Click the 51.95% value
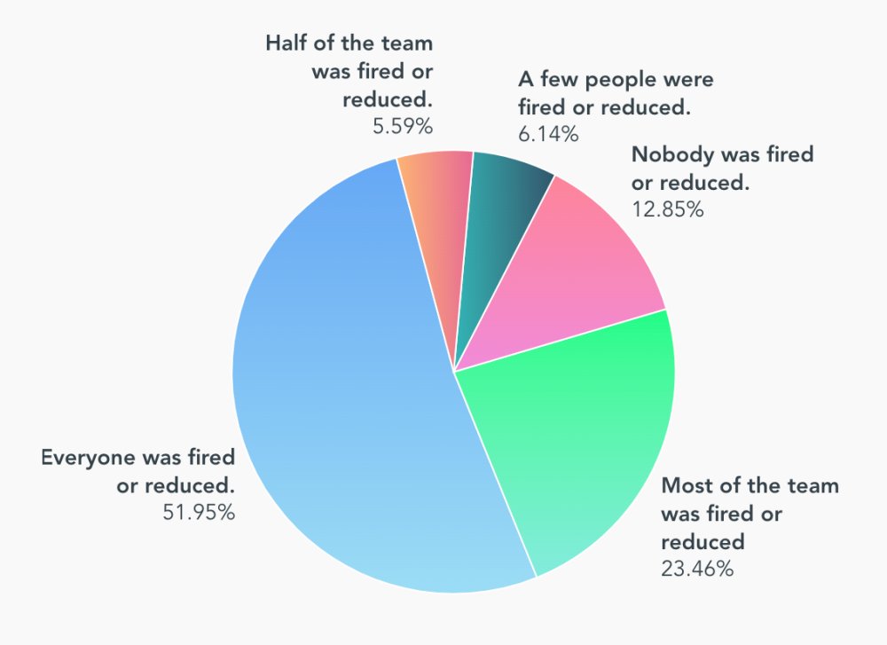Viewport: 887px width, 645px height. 200,512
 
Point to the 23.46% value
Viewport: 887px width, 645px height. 697,569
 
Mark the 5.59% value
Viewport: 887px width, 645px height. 403,126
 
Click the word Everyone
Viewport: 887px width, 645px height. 85,458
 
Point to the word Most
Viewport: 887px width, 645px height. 684,486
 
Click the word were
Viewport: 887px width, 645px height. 689,79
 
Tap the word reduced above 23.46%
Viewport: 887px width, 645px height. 703,541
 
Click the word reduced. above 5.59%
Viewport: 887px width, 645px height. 388,98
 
